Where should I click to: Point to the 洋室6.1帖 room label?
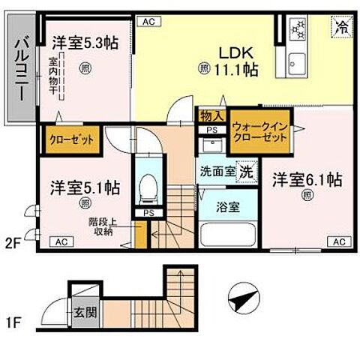tap(307, 181)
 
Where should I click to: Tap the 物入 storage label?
tap(211, 115)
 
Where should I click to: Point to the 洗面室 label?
tap(217, 170)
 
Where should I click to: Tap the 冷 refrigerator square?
tap(339, 24)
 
